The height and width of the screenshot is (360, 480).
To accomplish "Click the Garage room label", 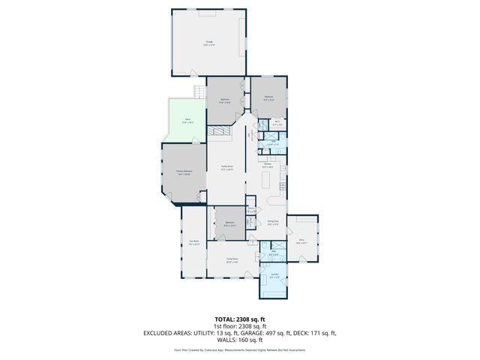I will [x=208, y=43].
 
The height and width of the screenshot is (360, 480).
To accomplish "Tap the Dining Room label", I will [x=273, y=222].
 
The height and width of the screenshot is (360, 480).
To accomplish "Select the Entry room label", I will [x=301, y=240].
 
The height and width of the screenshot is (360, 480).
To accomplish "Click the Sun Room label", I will [x=193, y=241].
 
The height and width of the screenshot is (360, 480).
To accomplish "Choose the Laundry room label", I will [x=274, y=274].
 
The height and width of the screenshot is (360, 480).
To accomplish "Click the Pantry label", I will [x=253, y=210].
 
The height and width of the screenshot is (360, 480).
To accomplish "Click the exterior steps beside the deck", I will [x=199, y=92].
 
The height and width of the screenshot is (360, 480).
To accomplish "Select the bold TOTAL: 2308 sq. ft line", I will [x=239, y=319].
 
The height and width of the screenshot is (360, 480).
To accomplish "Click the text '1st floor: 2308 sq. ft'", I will [x=239, y=326].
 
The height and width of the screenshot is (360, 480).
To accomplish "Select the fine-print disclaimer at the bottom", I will [x=239, y=349].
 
